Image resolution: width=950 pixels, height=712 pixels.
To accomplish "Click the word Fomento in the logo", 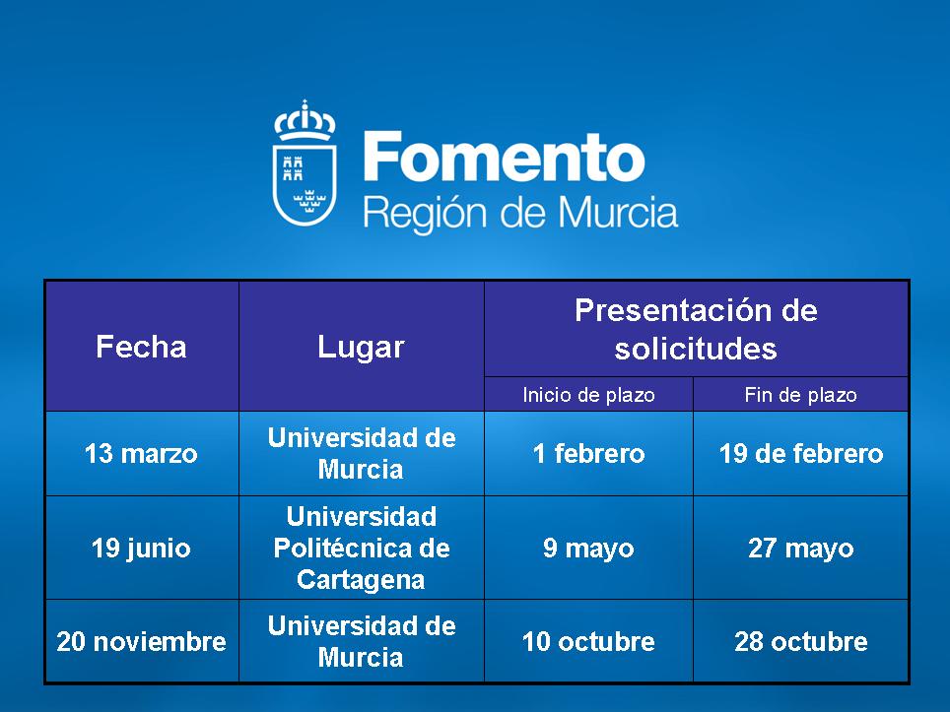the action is [x=505, y=158].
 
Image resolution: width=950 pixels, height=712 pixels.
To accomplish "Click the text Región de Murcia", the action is [x=520, y=215].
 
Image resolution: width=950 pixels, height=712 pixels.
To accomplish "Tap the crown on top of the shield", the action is [x=305, y=120].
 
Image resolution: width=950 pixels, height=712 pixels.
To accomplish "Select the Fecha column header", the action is [x=141, y=347].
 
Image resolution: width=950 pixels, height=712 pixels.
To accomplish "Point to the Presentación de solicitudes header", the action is [x=696, y=329].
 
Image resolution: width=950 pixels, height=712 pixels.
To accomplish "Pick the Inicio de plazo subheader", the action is [x=589, y=395].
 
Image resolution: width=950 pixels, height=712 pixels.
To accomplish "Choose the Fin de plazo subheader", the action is [x=801, y=395].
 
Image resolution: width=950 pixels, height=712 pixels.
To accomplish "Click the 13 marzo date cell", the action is [x=141, y=453].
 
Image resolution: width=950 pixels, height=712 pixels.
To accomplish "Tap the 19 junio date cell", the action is [x=141, y=549].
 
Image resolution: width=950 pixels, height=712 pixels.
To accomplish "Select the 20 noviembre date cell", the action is [x=141, y=642].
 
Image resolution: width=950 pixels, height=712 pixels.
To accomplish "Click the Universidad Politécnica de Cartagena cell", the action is [x=362, y=549].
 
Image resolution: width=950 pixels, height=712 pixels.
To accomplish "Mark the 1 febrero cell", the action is [x=589, y=453].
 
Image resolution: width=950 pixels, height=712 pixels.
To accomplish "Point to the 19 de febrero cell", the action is [x=801, y=453].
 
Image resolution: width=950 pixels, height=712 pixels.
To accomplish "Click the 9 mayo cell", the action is [x=589, y=549].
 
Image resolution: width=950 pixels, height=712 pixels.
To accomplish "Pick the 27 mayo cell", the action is [x=801, y=549].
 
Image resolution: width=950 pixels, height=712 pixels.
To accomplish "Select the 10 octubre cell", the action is [x=589, y=642].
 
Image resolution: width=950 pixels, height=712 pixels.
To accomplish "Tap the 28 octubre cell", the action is [x=801, y=642].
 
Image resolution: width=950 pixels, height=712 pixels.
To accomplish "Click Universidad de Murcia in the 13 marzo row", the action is [x=362, y=453].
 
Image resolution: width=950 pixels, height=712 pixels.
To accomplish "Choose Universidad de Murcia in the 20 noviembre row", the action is [x=362, y=642].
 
